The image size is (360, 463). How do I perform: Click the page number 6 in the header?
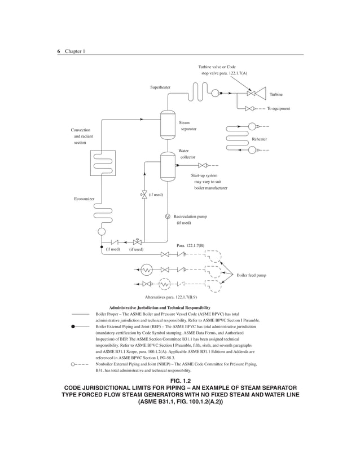click(x=59, y=51)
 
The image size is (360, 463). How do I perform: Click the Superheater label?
click(x=160, y=87)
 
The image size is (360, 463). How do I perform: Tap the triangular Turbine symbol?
click(x=261, y=94)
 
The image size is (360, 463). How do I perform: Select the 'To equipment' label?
click(x=279, y=108)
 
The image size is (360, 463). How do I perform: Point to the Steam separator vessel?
click(x=168, y=125)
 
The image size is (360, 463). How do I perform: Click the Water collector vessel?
click(x=168, y=166)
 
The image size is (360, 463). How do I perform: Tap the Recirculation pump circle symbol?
click(x=168, y=217)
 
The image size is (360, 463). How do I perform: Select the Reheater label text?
click(x=260, y=139)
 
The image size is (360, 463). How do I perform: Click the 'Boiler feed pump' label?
click(x=252, y=275)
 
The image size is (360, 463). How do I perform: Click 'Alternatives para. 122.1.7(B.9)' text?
click(x=171, y=296)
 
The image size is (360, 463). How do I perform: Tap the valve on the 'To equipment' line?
click(x=249, y=109)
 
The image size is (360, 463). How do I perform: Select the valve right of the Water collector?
click(x=202, y=166)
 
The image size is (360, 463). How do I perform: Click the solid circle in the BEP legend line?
click(x=73, y=326)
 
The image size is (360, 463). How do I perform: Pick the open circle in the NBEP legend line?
click(x=73, y=364)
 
